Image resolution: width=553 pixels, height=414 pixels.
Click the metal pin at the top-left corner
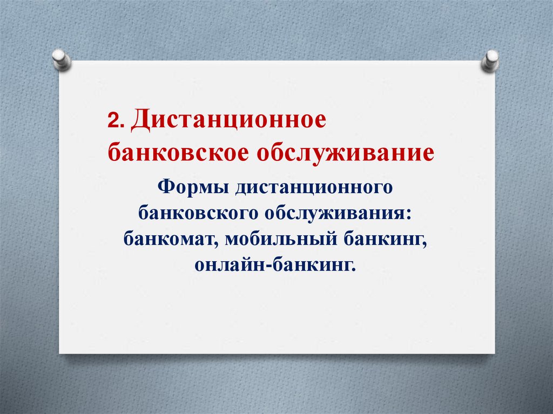pos(61,60)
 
